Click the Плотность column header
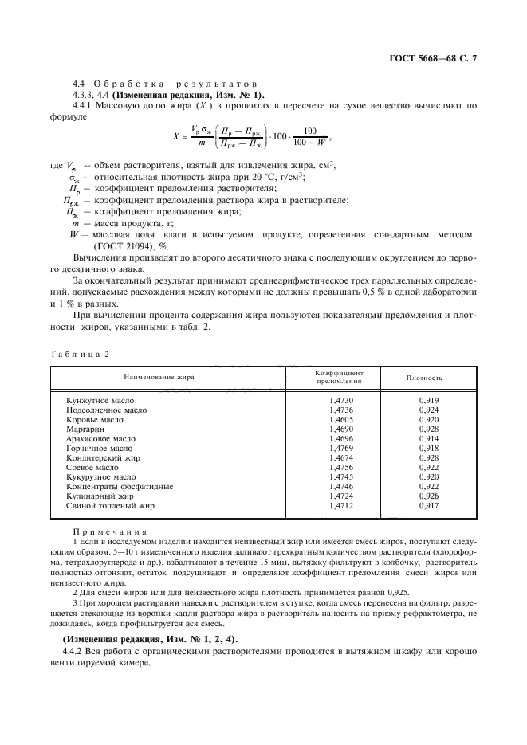coord(424,377)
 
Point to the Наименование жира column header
coord(158,377)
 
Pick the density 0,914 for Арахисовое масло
coord(428,437)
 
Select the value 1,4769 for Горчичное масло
coord(340,447)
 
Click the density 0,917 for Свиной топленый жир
coord(428,504)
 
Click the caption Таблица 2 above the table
coord(79,352)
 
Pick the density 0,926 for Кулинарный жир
coord(428,495)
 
